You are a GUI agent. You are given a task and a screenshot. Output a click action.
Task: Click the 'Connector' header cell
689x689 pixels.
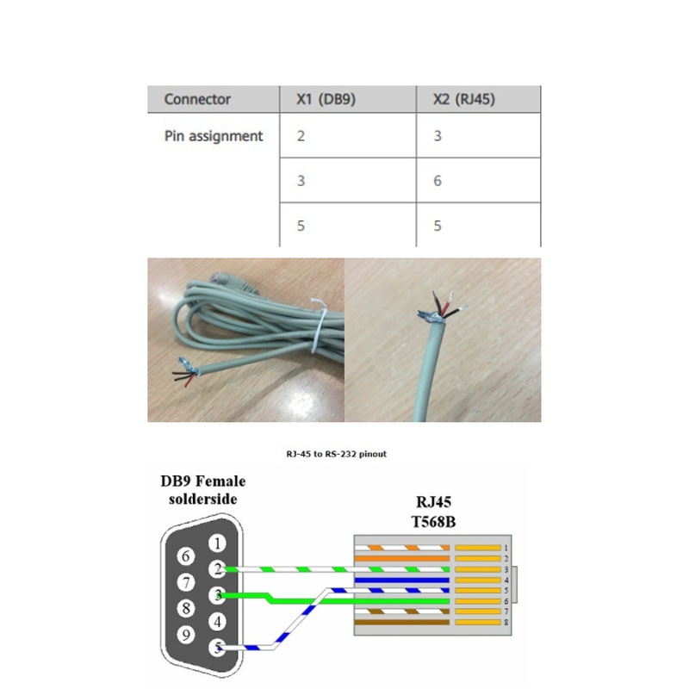(x=197, y=99)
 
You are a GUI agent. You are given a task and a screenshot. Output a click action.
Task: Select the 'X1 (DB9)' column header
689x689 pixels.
(x=320, y=99)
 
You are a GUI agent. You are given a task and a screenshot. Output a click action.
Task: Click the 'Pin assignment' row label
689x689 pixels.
(x=214, y=136)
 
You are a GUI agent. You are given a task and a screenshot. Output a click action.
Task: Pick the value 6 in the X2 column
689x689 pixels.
(x=438, y=181)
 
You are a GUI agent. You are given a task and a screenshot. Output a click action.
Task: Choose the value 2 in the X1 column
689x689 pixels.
(x=301, y=136)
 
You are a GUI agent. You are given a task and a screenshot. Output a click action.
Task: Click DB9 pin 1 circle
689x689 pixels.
(x=219, y=543)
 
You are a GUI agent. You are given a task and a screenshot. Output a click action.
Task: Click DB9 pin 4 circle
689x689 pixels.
(x=219, y=621)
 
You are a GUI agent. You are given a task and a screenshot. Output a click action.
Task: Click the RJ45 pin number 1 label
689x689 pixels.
(x=507, y=548)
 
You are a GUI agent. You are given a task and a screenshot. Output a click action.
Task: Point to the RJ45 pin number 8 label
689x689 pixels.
(x=507, y=622)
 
